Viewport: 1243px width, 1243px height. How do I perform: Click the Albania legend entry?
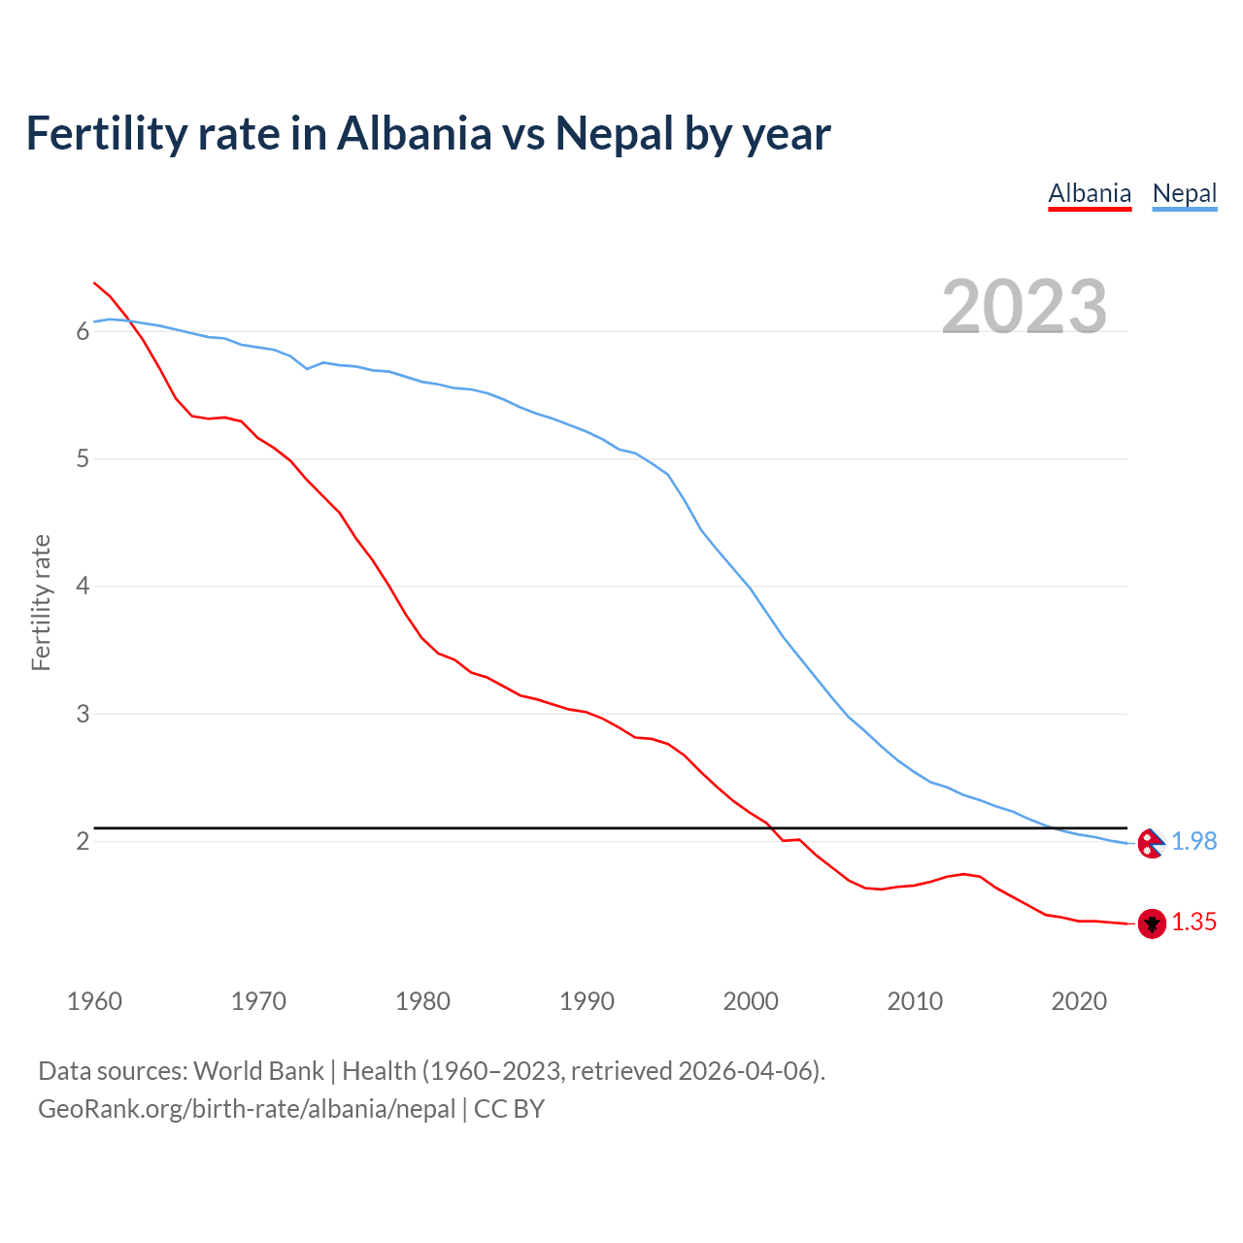tap(1090, 193)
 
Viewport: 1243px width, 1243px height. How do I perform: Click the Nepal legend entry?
tap(1184, 193)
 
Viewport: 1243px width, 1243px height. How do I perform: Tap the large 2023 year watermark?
tap(1025, 307)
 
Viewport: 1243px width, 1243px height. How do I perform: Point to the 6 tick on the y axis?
tap(83, 332)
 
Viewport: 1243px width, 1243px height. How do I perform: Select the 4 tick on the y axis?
tap(83, 587)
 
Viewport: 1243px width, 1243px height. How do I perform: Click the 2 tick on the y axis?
tap(83, 841)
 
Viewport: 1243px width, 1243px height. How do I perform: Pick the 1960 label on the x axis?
tap(94, 1001)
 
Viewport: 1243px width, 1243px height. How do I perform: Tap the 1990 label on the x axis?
tap(587, 1001)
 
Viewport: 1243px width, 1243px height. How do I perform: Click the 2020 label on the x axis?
tap(1079, 1001)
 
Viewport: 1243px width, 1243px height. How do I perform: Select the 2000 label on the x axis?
tap(751, 1001)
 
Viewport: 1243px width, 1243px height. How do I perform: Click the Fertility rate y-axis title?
tap(41, 602)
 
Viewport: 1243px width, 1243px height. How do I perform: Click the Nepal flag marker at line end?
tap(1152, 843)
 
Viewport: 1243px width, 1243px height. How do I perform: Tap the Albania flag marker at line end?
tap(1152, 924)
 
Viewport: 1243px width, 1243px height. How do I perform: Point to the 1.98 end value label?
tap(1193, 842)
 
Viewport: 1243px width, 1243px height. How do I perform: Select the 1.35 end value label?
tap(1193, 923)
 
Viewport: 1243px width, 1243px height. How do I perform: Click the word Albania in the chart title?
tap(415, 134)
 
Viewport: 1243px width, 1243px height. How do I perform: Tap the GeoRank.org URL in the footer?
tap(247, 1109)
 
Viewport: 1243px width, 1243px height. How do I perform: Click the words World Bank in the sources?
tap(258, 1071)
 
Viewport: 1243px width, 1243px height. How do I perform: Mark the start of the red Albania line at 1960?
tap(94, 283)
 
